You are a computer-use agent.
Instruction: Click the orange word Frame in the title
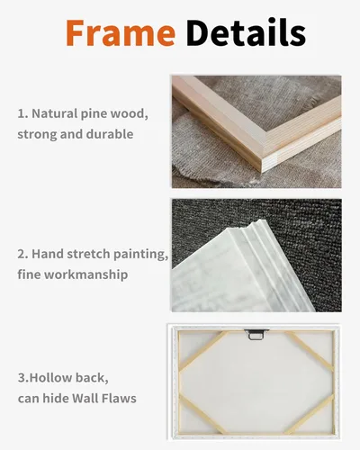[121, 32]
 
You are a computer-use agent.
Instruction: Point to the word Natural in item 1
[55, 113]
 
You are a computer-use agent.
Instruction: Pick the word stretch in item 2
[89, 254]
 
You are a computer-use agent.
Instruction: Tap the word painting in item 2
[141, 255]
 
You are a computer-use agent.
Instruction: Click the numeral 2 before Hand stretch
[22, 255]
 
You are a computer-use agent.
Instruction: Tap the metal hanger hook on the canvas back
[256, 334]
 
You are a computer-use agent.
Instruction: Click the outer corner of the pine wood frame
[262, 172]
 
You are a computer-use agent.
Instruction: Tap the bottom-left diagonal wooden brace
[202, 414]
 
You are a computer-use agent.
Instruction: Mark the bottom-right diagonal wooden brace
[309, 415]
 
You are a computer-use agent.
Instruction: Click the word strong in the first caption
[37, 134]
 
